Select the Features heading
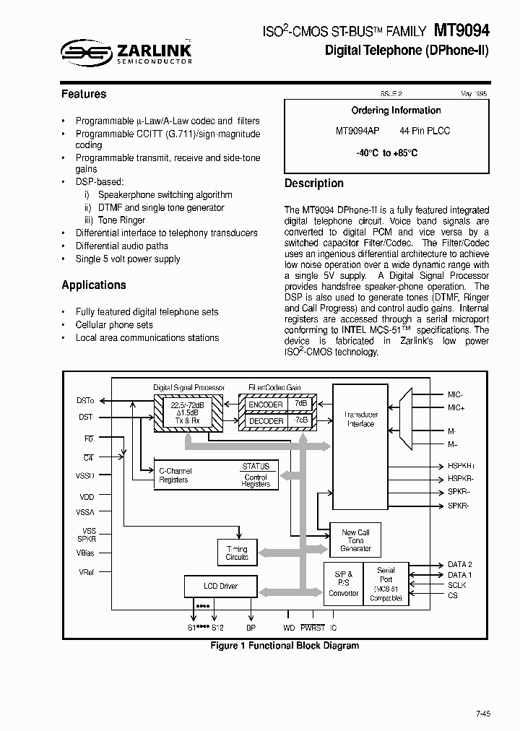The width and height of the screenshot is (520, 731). [84, 94]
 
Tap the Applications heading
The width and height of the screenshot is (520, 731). [94, 285]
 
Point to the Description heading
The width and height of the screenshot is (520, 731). [313, 183]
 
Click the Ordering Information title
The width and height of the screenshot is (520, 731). [396, 111]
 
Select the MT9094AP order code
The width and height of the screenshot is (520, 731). [357, 131]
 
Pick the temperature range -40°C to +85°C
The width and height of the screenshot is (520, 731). [386, 153]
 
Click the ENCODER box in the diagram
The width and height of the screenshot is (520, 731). [266, 405]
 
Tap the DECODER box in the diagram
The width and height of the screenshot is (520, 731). [266, 420]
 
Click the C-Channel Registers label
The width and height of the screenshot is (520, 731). [174, 475]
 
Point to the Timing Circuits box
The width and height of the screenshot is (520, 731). [237, 553]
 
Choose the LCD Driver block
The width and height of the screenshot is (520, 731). [220, 586]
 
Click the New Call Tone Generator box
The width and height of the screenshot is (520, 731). [355, 540]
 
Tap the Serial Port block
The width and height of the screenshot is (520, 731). [386, 584]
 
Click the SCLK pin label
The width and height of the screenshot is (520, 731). [457, 585]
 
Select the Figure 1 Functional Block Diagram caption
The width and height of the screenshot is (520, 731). [285, 646]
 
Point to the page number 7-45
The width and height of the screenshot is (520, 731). [482, 714]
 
